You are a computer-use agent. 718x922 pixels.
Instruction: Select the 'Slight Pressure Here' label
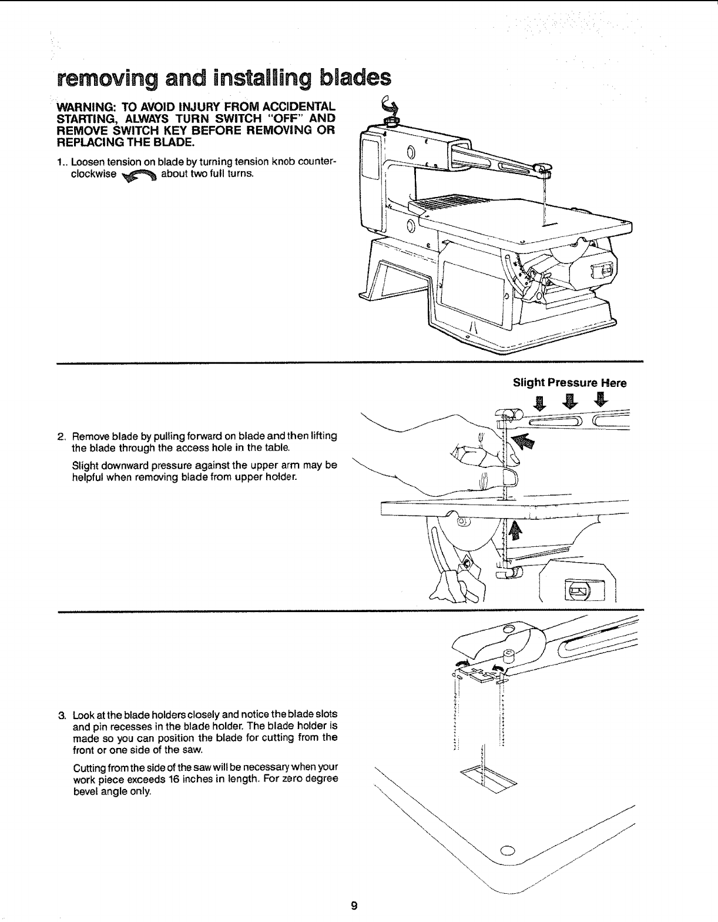pyautogui.click(x=569, y=383)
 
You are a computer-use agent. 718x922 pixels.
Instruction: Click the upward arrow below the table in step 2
pyautogui.click(x=515, y=531)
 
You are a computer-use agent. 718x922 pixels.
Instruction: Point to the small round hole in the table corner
pyautogui.click(x=507, y=851)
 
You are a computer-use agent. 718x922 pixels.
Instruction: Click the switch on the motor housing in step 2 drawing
pyautogui.click(x=576, y=589)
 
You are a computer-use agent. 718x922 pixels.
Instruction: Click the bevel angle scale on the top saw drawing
pyautogui.click(x=517, y=268)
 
